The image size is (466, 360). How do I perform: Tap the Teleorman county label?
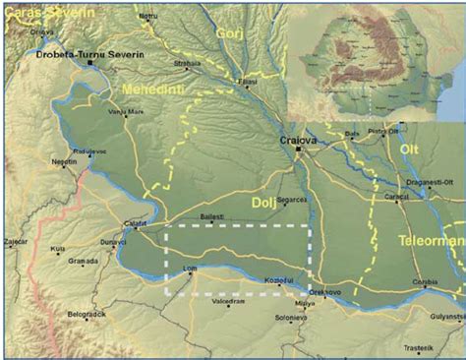click(431, 239)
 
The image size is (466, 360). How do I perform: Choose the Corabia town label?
click(426, 282)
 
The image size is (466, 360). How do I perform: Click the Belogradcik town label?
click(87, 314)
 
